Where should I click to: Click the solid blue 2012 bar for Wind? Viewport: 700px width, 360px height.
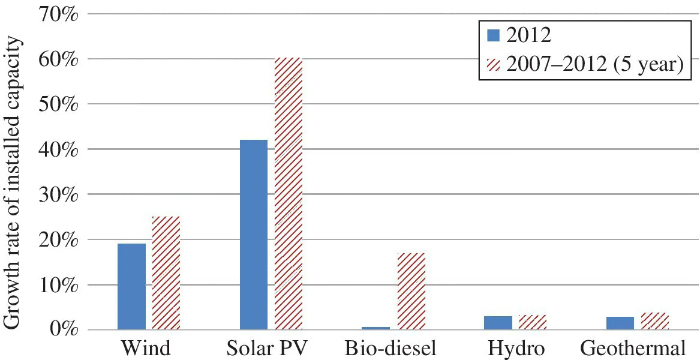131,287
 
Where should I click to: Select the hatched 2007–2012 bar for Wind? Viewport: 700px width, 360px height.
166,273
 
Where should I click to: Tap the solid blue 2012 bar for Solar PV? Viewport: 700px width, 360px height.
253,235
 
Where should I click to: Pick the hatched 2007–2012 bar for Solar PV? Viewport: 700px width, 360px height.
289,194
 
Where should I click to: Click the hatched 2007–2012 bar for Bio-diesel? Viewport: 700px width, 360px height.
411,292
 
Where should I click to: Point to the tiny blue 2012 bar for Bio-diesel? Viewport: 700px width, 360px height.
375,328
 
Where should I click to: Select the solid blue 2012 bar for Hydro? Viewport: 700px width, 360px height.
498,323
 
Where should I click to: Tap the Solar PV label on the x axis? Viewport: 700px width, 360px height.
271,349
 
